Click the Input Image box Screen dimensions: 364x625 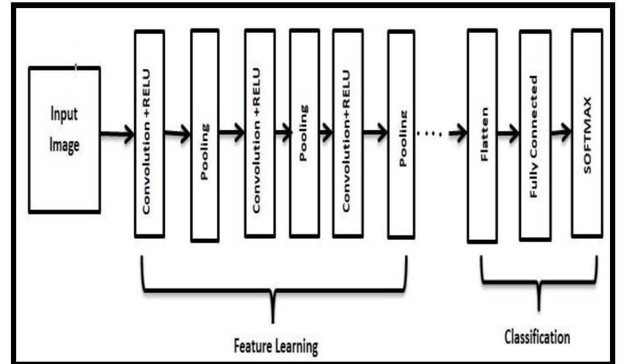[65, 139]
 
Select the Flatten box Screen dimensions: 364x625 [483, 136]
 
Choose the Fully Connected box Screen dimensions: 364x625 [534, 136]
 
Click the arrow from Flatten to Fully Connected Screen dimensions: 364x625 [508, 134]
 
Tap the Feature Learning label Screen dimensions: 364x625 [277, 346]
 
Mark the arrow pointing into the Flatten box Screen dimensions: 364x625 [457, 134]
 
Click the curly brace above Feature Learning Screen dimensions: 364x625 [273, 288]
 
